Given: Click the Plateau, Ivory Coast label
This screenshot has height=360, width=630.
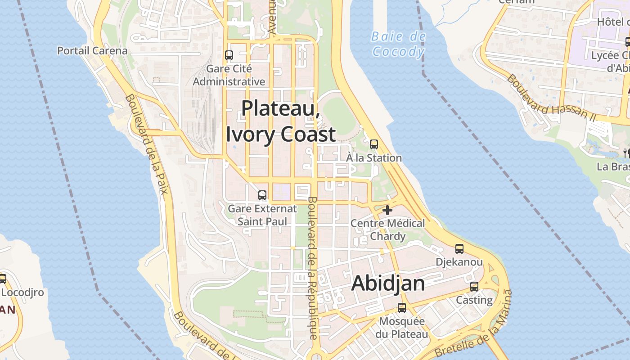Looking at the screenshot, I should [281, 121].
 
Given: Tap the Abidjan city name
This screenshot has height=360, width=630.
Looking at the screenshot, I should [387, 283].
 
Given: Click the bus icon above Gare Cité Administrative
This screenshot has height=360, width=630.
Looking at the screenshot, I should [229, 55].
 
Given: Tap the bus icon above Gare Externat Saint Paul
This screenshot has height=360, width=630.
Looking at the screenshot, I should [262, 195].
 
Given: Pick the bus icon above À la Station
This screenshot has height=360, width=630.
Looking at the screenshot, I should [374, 144].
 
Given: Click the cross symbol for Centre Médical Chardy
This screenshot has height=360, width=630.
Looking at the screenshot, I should [387, 210].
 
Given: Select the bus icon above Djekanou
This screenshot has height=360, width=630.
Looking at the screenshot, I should [459, 248].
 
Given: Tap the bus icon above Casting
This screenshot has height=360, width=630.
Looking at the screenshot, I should [474, 287].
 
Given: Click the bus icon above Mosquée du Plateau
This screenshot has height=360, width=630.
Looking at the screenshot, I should [402, 308].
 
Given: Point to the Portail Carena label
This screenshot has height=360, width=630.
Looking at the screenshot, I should [92, 50].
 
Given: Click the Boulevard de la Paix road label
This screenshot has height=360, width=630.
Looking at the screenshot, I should [147, 144].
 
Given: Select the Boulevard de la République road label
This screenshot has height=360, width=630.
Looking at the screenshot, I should [312, 268].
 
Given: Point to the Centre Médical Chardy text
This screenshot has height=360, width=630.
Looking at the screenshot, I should [387, 229].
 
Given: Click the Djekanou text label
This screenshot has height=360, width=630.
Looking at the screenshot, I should [459, 262].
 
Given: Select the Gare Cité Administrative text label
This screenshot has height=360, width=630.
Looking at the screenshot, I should [229, 75].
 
